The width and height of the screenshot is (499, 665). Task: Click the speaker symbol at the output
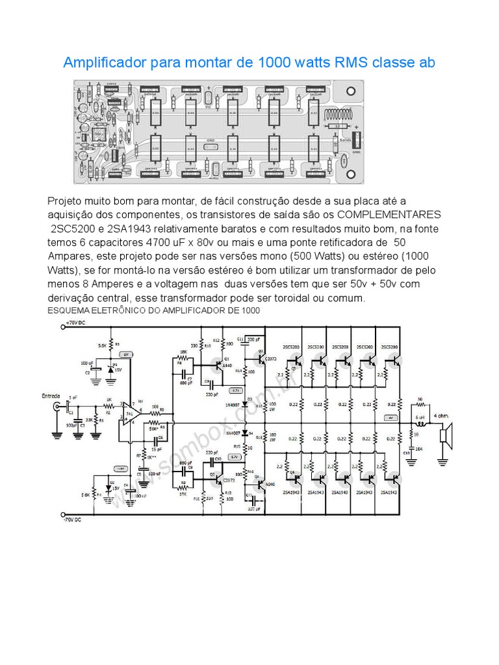point(446,433)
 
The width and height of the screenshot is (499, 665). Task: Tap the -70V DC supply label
point(73,520)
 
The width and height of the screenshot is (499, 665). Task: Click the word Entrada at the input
point(51,396)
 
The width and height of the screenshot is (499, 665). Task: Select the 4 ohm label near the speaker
point(442,416)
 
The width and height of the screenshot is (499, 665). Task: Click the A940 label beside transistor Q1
point(227,365)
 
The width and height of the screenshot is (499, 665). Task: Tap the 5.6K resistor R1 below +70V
point(112,345)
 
